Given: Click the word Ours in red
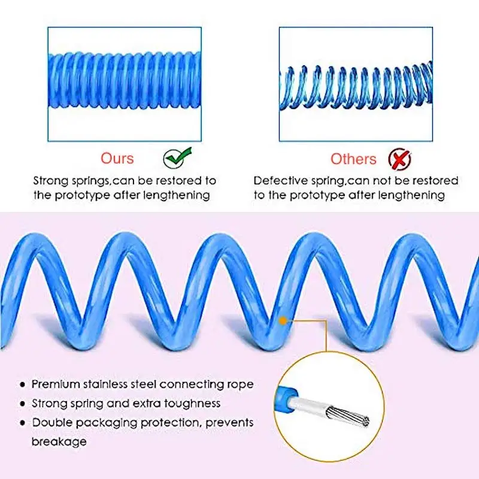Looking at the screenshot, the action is coord(117,158).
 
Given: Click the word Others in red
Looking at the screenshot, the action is coord(353,159).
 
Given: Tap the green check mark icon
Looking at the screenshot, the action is coord(177,157).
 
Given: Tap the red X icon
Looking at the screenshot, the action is coord(399,159).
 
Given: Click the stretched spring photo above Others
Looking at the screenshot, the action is coord(356,84).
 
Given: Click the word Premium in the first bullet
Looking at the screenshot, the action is coord(57,384).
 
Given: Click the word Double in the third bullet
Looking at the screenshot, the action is coord(51,422).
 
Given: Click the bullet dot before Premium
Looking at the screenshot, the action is coord(22,384).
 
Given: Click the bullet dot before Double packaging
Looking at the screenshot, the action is coord(22,423).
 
